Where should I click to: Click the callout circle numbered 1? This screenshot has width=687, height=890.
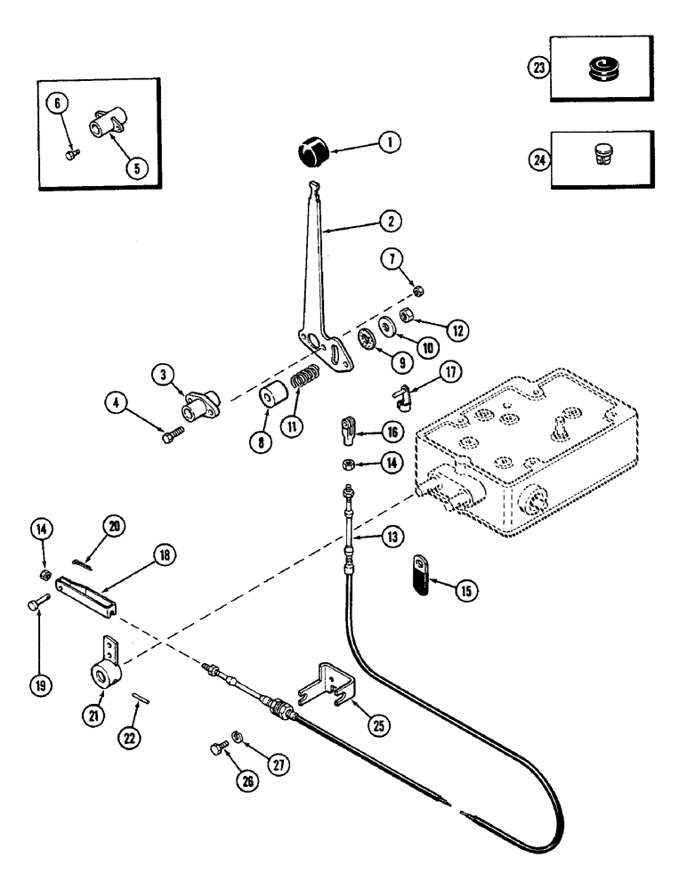389,141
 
